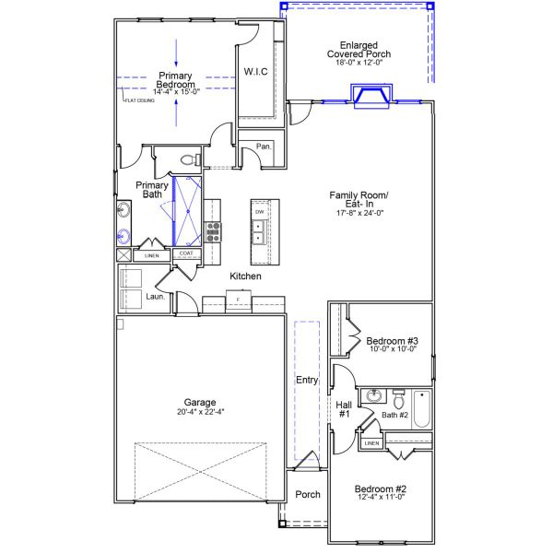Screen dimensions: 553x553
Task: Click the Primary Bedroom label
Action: point(174,80)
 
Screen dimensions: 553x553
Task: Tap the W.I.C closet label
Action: point(255,72)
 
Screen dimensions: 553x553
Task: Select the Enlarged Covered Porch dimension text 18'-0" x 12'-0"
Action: point(365,65)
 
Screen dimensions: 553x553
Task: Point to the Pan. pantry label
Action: point(263,147)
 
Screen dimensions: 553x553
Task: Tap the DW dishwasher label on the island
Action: point(260,211)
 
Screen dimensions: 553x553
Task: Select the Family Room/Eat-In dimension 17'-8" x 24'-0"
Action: point(359,213)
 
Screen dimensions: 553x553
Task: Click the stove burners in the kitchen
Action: point(212,230)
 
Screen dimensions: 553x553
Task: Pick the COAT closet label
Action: point(185,253)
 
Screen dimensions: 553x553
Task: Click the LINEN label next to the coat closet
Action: point(151,254)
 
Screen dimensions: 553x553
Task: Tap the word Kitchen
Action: point(245,276)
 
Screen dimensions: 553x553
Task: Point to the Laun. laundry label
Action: point(155,296)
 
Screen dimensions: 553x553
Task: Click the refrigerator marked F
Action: point(239,300)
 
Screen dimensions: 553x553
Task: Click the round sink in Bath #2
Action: point(375,397)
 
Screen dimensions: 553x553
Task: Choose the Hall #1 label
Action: point(344,408)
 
